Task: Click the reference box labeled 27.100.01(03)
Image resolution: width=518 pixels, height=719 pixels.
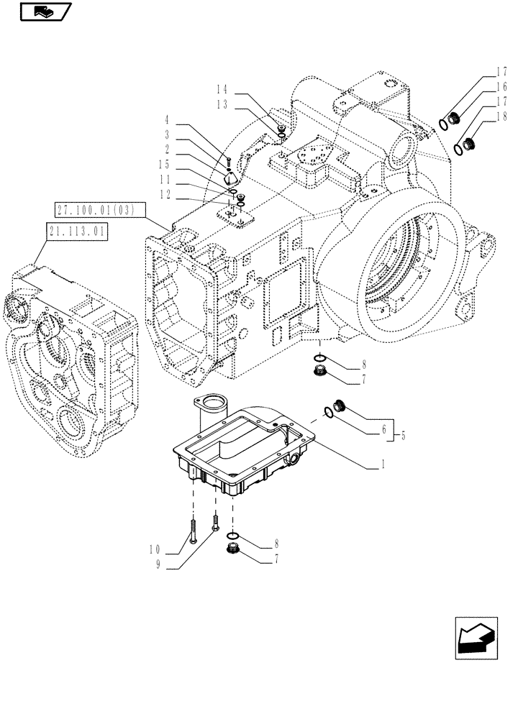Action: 100,210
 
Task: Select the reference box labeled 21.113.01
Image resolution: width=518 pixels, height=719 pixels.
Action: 76,232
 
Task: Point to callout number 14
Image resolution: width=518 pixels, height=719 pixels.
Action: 222,90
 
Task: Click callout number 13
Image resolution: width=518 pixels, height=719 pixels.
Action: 222,104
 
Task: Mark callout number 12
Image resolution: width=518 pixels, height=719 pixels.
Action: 165,195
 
